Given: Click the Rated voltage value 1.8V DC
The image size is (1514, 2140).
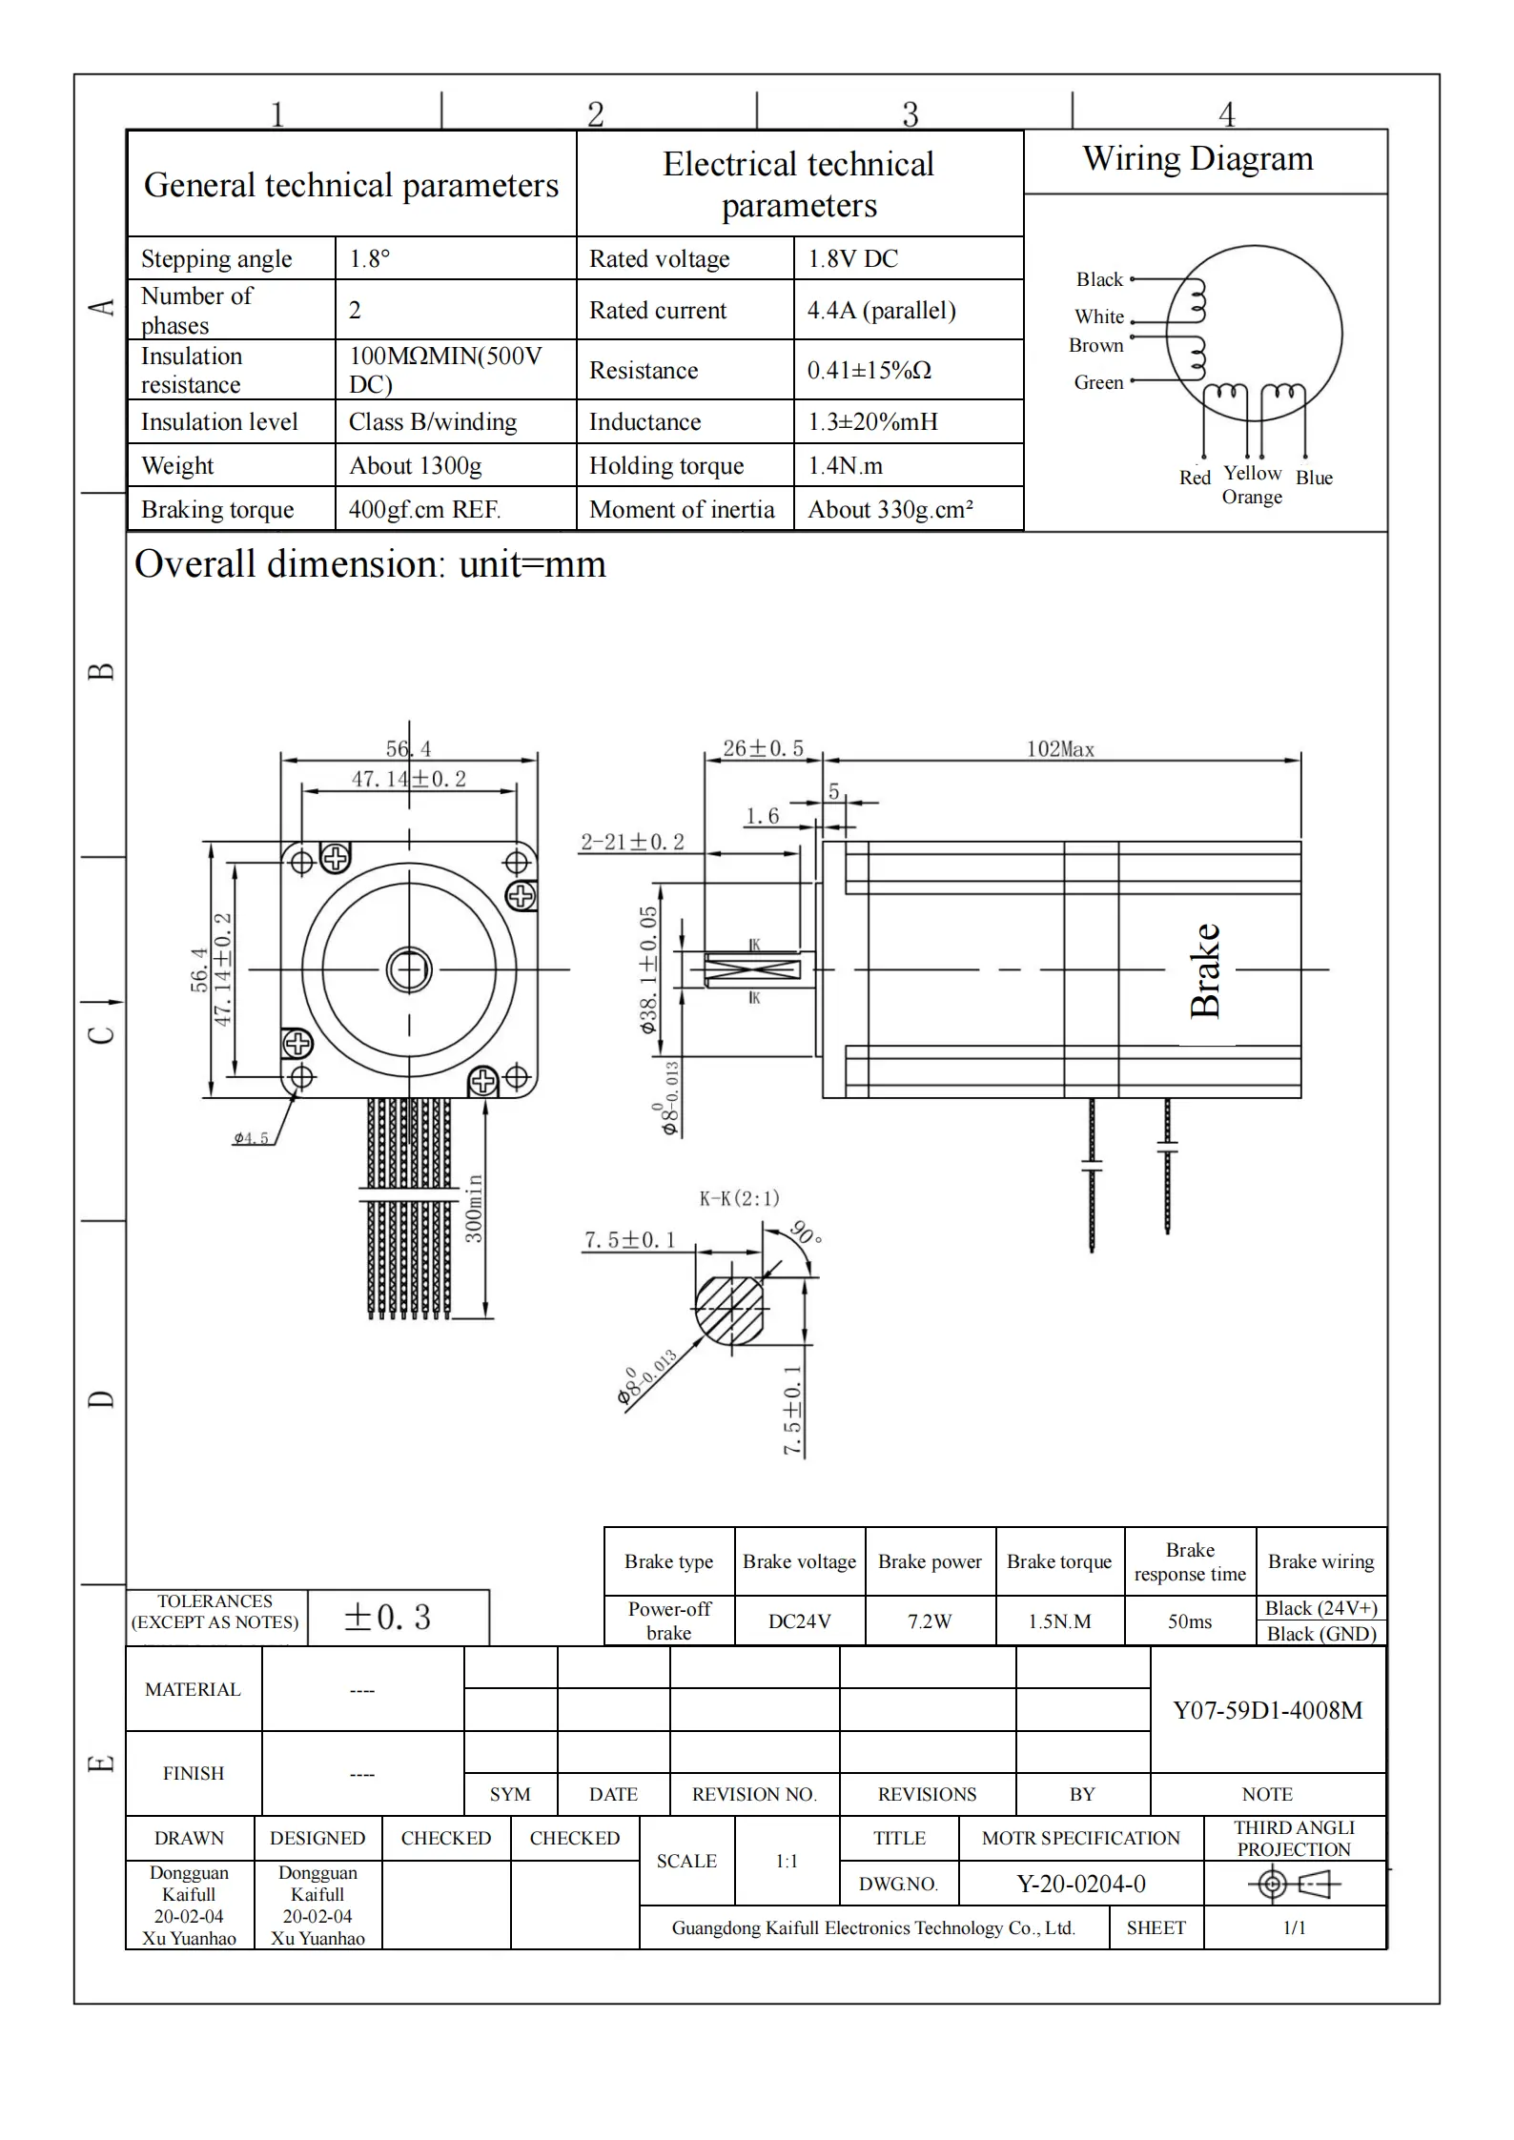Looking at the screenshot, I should [x=852, y=258].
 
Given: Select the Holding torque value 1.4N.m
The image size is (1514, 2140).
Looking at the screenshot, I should [x=845, y=465].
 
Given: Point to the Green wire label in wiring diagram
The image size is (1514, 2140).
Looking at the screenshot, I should [x=1098, y=382].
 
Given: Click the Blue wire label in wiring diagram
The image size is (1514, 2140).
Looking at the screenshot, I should [x=1313, y=478].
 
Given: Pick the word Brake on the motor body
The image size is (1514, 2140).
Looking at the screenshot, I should [x=1205, y=970].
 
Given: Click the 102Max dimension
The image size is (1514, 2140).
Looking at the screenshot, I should [x=1060, y=749].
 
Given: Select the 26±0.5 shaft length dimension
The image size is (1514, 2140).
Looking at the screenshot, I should [x=763, y=748].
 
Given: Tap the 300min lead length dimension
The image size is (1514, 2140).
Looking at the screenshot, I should [x=474, y=1208].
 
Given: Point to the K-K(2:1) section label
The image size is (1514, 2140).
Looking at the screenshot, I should [x=739, y=1198].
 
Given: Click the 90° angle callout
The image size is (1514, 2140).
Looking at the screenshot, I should [x=806, y=1231].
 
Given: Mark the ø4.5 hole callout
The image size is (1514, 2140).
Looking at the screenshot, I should [x=251, y=1137].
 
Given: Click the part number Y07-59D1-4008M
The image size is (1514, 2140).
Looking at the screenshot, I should [x=1267, y=1710].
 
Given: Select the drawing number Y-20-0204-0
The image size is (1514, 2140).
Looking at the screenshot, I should [x=1081, y=1884].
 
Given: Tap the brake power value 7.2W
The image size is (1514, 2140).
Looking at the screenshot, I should [x=930, y=1620].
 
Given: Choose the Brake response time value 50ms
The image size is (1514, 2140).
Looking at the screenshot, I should [x=1190, y=1620].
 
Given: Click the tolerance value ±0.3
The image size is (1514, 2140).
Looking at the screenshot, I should [x=387, y=1617].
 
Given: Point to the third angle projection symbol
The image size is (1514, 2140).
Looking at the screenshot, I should [x=1294, y=1884].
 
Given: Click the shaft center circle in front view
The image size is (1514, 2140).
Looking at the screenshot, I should [x=409, y=970].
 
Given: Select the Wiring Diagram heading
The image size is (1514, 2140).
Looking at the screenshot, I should [x=1197, y=158].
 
